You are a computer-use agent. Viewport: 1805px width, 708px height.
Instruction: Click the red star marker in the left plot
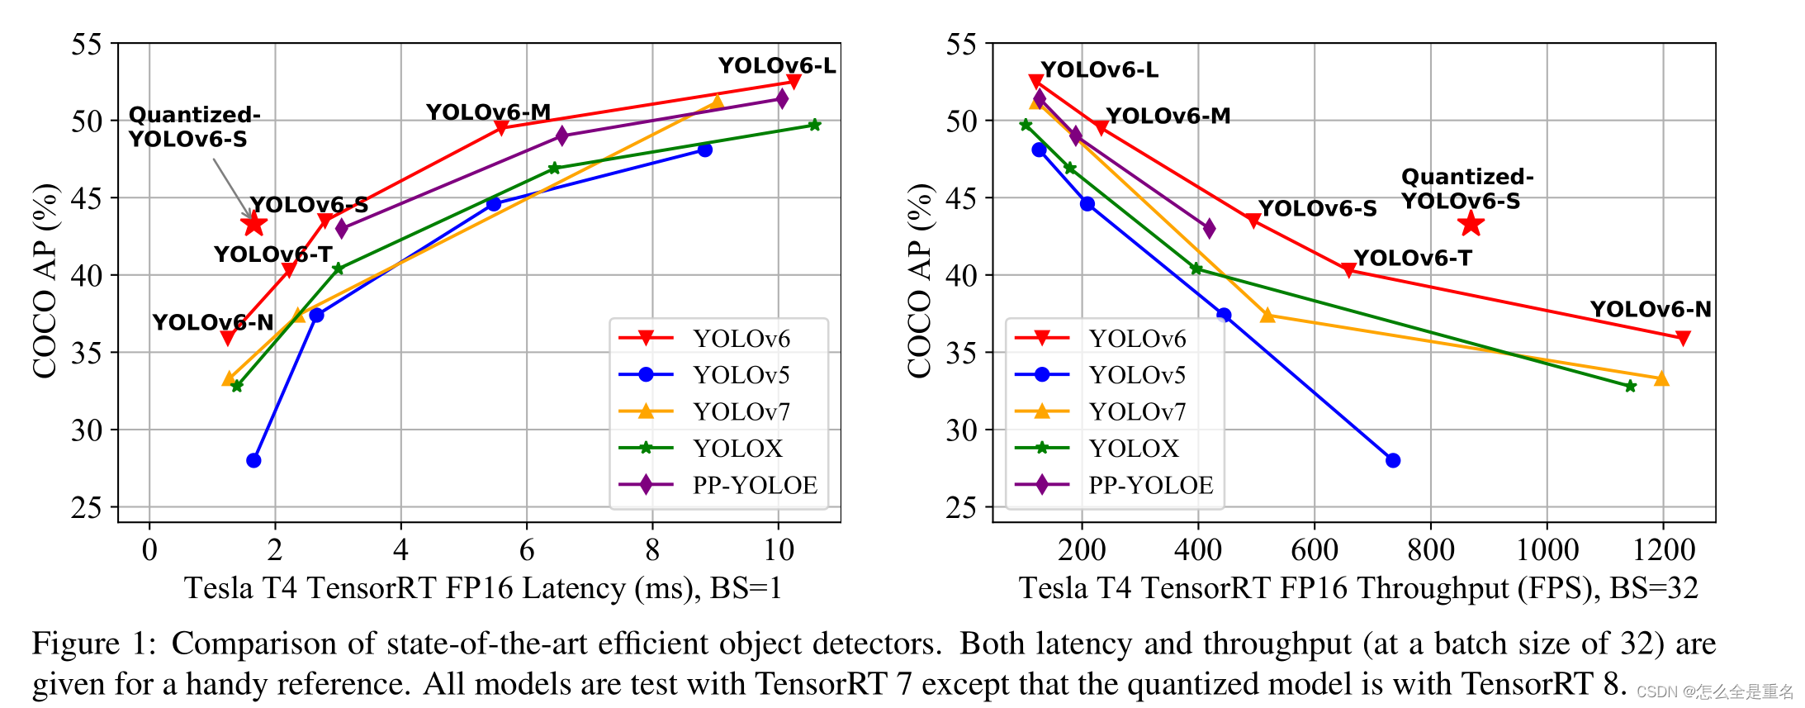point(253,224)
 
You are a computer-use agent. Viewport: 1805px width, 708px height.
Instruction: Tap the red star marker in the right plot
point(1471,224)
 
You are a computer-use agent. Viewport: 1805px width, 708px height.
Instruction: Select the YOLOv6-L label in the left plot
point(776,65)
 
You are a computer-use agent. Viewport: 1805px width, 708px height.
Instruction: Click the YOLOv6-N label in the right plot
point(1650,309)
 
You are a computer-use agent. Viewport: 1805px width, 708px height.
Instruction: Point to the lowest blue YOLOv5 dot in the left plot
point(253,460)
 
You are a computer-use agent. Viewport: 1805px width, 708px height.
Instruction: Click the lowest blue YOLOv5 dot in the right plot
point(1393,460)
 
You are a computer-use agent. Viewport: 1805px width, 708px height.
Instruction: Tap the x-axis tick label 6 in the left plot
point(527,549)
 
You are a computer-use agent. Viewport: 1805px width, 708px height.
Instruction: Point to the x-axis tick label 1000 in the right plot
point(1547,549)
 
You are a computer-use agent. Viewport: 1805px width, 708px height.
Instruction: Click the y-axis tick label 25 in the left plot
point(86,507)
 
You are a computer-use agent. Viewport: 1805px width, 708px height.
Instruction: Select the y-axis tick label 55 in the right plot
point(961,44)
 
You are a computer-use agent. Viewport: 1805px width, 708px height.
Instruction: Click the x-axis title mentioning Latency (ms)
point(482,588)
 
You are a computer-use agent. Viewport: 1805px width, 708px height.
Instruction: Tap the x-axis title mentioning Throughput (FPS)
point(1357,588)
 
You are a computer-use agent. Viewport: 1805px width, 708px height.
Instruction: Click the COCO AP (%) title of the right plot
point(919,281)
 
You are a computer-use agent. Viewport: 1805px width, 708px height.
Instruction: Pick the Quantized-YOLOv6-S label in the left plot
point(194,126)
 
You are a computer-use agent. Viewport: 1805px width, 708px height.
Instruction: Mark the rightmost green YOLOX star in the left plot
point(814,125)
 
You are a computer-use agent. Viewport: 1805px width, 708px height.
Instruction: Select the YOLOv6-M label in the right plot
point(1168,116)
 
